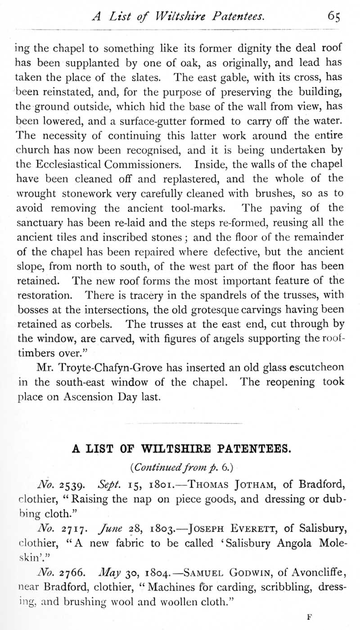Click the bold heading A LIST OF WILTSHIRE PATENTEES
coord(180,448)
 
